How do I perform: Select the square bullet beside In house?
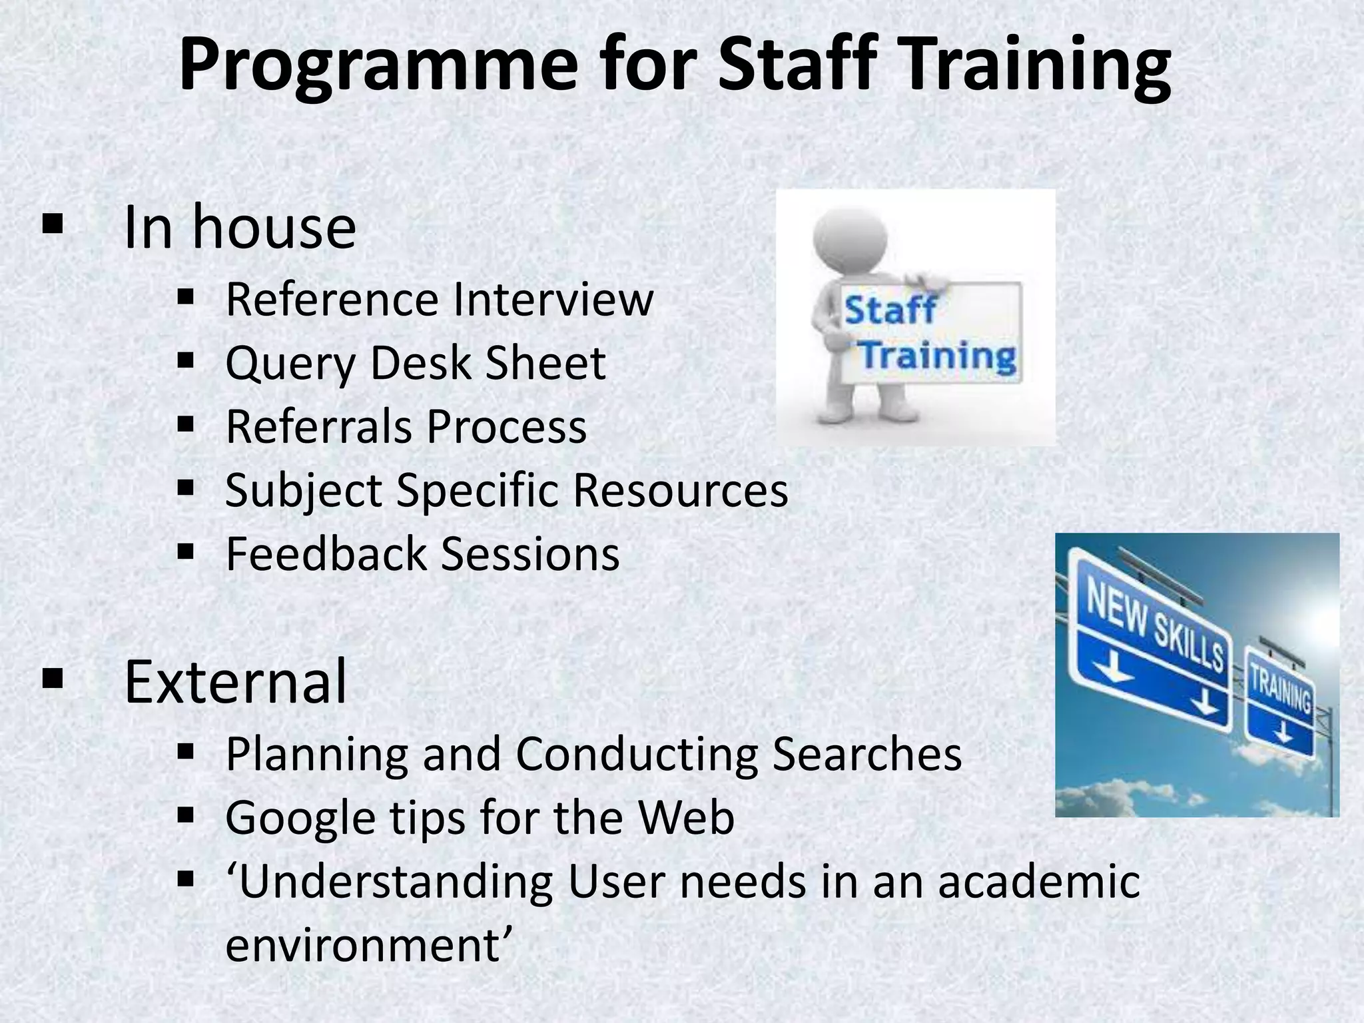click(x=52, y=224)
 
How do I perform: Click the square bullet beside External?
click(x=52, y=679)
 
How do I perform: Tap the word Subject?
click(x=304, y=491)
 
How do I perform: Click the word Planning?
click(x=316, y=755)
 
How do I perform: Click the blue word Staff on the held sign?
click(x=890, y=310)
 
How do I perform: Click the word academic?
click(x=1039, y=881)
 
